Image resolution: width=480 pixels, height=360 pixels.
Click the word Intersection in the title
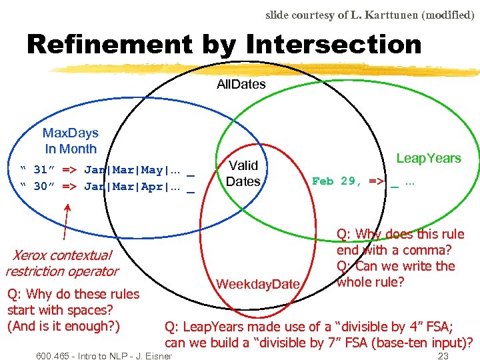point(333,45)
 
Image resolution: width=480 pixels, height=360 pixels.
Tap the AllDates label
point(241,85)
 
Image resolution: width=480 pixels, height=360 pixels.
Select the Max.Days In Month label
point(70,141)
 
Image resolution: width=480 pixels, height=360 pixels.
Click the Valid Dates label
point(243,173)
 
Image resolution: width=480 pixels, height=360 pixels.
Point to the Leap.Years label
point(428,159)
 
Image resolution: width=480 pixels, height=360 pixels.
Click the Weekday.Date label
point(258,285)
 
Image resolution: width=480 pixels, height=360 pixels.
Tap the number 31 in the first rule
point(41,169)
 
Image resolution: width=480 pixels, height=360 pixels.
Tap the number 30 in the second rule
point(41,186)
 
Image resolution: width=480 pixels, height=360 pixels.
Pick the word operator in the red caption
point(97,271)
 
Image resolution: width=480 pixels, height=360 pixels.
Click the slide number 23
point(443,356)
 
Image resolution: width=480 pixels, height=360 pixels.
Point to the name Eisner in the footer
point(158,356)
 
